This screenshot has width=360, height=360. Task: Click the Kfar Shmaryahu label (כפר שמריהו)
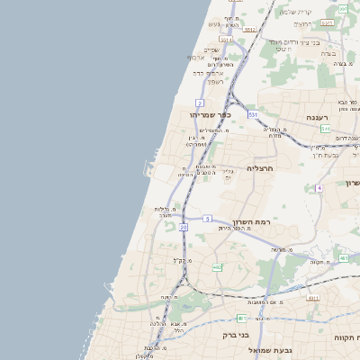(211, 115)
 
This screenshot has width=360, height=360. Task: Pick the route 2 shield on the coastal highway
(199, 103)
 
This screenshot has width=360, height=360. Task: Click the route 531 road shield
(254, 114)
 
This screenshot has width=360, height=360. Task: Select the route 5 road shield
(207, 218)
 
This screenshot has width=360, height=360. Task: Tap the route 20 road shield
(184, 228)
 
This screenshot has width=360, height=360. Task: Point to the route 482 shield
(217, 267)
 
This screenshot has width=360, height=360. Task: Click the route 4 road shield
(319, 187)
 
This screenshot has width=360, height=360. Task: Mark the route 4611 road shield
(313, 297)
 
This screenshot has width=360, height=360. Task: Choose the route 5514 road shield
(226, 40)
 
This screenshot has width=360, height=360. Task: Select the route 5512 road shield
(249, 30)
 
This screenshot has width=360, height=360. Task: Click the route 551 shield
(324, 130)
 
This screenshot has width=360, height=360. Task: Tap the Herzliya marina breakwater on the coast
(148, 167)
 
